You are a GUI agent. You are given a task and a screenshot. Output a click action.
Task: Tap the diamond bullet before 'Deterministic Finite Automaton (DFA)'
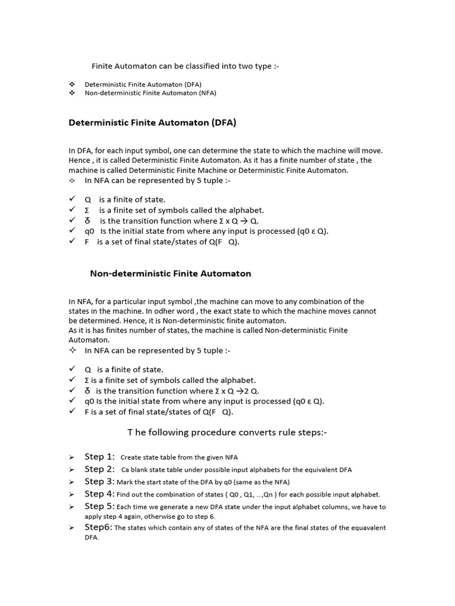tap(72, 85)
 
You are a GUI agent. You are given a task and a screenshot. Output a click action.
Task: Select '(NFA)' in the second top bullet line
tap(207, 93)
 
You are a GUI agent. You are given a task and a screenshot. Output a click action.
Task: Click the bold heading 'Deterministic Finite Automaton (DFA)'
tap(152, 123)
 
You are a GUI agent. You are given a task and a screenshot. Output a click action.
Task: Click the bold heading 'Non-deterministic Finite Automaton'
tap(171, 273)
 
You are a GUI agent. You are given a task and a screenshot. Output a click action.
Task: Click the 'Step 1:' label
tap(100, 457)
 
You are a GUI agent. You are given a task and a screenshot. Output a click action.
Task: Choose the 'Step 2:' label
tap(100, 469)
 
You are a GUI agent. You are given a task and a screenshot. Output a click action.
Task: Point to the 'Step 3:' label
tap(100, 482)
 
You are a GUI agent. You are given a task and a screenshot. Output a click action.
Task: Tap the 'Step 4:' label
tap(100, 494)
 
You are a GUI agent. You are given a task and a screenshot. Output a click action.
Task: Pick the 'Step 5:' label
tap(100, 506)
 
